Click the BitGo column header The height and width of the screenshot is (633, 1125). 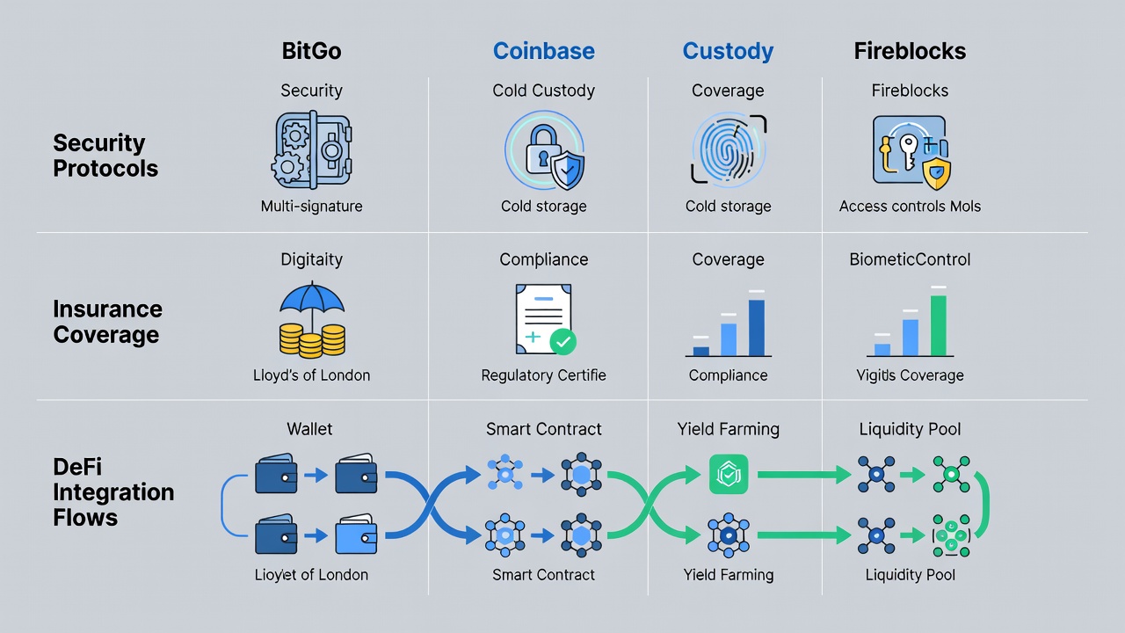click(311, 51)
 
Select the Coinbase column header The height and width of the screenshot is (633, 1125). click(543, 51)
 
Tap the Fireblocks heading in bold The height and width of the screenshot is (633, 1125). click(910, 51)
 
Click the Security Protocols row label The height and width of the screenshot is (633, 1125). click(105, 156)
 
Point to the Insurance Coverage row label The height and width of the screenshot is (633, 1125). click(107, 322)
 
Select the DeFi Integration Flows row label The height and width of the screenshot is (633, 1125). click(113, 491)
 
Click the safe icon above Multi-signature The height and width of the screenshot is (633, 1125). click(311, 149)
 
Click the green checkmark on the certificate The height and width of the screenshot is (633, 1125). click(563, 342)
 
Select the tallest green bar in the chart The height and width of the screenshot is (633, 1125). click(938, 325)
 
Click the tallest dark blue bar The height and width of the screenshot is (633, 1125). click(757, 328)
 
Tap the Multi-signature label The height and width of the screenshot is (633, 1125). click(311, 207)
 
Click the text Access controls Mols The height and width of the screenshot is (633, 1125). click(910, 207)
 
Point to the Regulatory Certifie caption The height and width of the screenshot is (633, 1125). click(543, 375)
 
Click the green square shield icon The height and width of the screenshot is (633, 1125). click(729, 474)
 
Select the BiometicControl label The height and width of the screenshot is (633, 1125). click(910, 259)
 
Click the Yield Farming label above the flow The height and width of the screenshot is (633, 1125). click(729, 429)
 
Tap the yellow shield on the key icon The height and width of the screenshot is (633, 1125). click(937, 174)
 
